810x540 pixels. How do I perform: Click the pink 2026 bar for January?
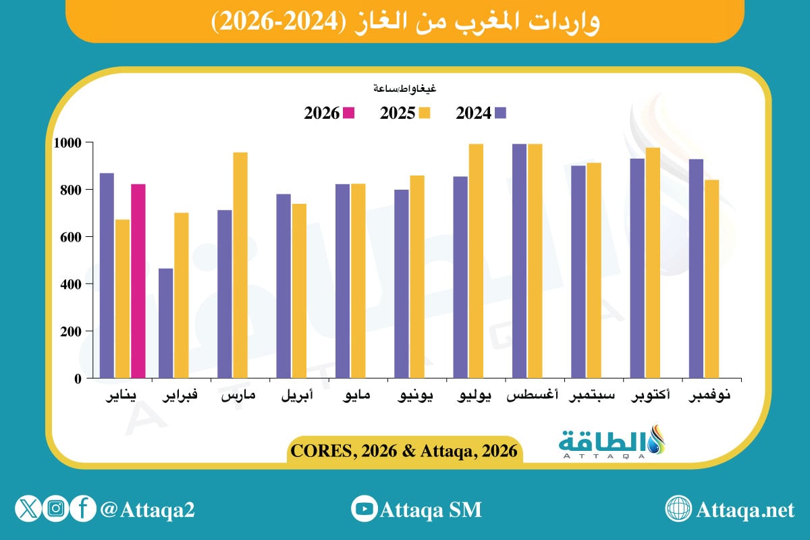click(138, 281)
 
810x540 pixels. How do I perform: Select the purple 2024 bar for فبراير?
click(165, 323)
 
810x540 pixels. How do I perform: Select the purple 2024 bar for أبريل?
click(283, 286)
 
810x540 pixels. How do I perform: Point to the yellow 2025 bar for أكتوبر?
click(653, 263)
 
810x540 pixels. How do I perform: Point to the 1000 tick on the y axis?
click(70, 143)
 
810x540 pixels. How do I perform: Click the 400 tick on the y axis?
click(72, 284)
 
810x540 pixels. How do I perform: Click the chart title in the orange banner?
click(405, 22)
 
